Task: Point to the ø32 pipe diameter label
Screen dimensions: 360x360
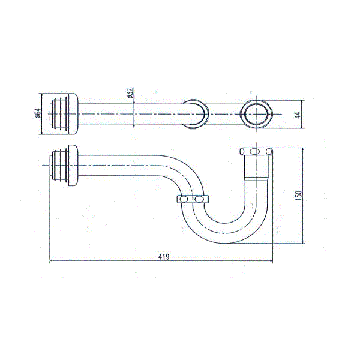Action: [x=129, y=94]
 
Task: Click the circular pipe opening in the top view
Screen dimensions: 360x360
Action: [x=257, y=113]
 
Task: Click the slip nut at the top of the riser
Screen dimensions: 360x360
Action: [x=256, y=151]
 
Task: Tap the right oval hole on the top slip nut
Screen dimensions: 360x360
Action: [x=265, y=151]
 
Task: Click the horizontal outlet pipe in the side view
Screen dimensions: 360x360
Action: [x=120, y=164]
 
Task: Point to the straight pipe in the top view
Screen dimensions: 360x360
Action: [x=132, y=113]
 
